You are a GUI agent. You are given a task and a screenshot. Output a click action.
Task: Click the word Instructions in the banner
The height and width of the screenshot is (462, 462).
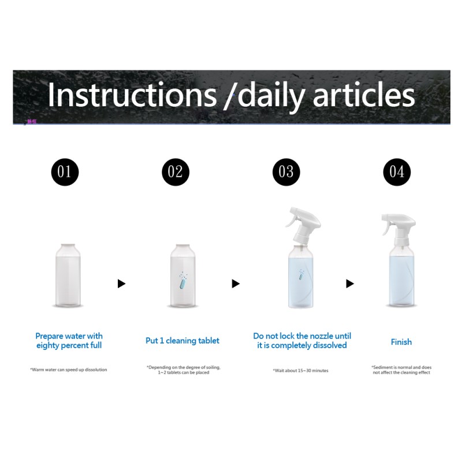(x=130, y=95)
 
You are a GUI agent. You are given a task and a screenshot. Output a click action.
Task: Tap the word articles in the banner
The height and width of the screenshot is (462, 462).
(x=364, y=95)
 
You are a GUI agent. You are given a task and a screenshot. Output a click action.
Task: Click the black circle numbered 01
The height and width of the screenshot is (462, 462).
(x=65, y=172)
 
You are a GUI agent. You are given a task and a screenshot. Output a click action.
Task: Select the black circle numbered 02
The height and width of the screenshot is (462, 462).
(x=176, y=172)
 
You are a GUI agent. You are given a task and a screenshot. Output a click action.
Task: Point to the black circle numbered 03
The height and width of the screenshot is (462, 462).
(x=286, y=172)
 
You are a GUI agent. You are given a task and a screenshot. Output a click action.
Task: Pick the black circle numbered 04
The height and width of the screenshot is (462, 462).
(x=397, y=172)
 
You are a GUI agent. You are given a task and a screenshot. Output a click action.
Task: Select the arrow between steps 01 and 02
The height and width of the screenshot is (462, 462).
(x=121, y=284)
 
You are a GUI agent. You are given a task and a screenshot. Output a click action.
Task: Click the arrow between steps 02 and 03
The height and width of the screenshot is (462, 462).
(x=236, y=284)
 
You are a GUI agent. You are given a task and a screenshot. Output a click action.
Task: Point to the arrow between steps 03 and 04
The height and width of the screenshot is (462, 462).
(x=349, y=284)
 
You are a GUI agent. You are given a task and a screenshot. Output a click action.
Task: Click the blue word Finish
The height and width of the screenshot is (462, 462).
(x=401, y=342)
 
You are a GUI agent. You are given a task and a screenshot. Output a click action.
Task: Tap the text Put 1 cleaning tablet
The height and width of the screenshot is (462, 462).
(x=182, y=341)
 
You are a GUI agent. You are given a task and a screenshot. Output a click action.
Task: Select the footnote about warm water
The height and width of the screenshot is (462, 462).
(x=69, y=370)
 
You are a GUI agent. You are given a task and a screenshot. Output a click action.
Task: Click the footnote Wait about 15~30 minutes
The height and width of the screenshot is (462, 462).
(x=300, y=370)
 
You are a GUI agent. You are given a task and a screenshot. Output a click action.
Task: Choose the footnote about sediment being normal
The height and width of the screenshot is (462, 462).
(x=401, y=370)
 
